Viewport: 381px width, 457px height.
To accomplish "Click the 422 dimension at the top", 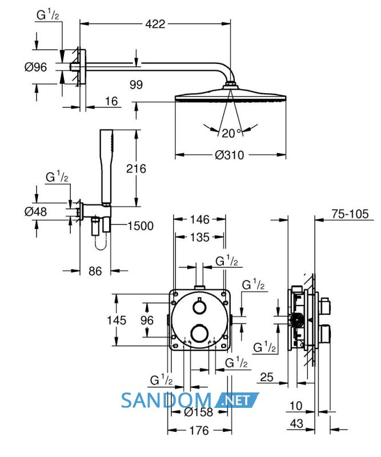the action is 155,24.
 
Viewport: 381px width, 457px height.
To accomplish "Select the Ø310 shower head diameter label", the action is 230,155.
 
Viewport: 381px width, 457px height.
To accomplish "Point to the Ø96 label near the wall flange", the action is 35,67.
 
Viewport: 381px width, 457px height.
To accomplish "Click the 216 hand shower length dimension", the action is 136,169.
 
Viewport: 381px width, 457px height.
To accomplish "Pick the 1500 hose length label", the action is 141,226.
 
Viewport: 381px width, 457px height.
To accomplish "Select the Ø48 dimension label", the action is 35,211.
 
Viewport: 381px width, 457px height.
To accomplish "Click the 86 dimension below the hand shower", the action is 95,271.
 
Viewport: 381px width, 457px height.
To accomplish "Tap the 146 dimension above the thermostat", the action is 200,219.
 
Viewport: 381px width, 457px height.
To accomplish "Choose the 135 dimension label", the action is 200,237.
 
